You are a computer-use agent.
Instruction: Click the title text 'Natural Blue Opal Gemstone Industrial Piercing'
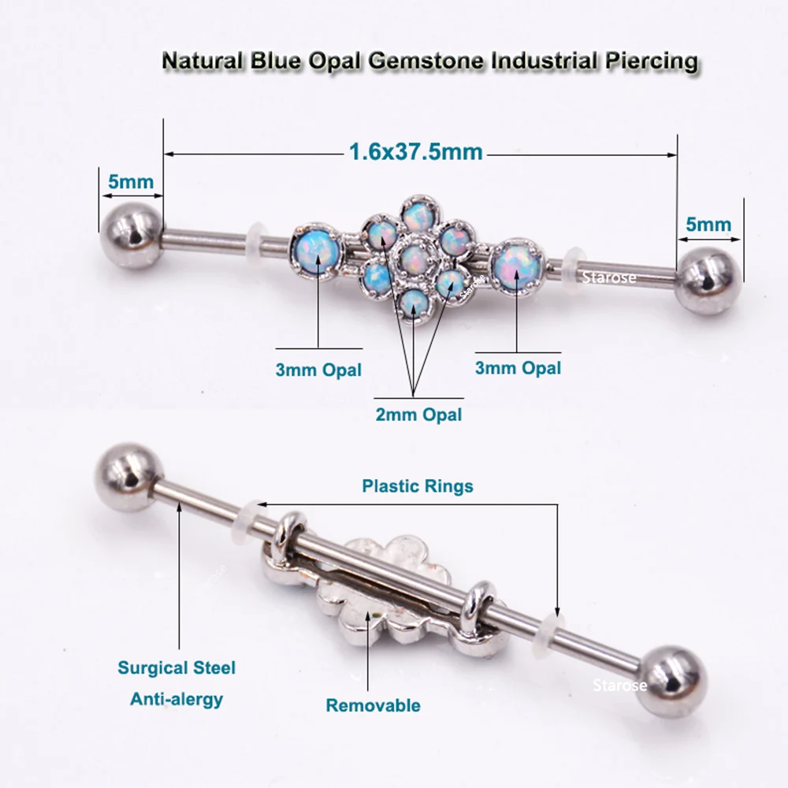tap(429, 60)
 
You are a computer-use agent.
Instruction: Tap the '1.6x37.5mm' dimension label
tap(415, 151)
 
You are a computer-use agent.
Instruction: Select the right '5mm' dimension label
tap(708, 225)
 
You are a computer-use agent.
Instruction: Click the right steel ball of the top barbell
tap(709, 281)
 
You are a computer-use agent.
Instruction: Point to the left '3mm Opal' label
tap(319, 369)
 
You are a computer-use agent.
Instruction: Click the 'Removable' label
tap(374, 705)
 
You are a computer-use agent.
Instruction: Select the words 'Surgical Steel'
tap(177, 668)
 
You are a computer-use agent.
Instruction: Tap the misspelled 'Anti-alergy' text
tap(177, 698)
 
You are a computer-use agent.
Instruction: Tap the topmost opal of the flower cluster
tap(415, 214)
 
